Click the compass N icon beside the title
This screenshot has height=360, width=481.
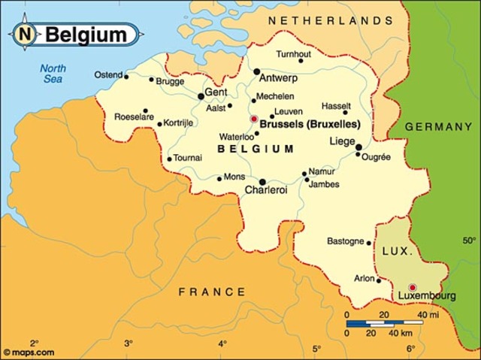pyautogui.click(x=26, y=35)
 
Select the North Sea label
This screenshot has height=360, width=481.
pyautogui.click(x=53, y=74)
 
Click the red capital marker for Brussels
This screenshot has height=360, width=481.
pyautogui.click(x=254, y=119)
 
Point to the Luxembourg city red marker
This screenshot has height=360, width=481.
pyautogui.click(x=412, y=287)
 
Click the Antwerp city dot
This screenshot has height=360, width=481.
pyautogui.click(x=257, y=72)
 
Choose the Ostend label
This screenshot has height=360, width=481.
pyautogui.click(x=109, y=75)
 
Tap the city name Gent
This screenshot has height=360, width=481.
pyautogui.click(x=216, y=91)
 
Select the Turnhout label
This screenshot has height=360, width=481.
pyautogui.click(x=292, y=54)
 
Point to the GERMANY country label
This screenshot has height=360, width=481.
pyautogui.click(x=438, y=127)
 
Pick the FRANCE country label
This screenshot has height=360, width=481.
pyautogui.click(x=212, y=292)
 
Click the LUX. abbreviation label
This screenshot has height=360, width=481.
pyautogui.click(x=397, y=253)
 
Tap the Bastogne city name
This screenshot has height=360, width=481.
pyautogui.click(x=345, y=241)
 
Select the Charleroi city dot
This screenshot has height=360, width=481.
pyautogui.click(x=262, y=182)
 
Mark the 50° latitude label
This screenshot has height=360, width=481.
pyautogui.click(x=470, y=241)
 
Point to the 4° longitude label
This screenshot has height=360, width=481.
pyautogui.click(x=222, y=343)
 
